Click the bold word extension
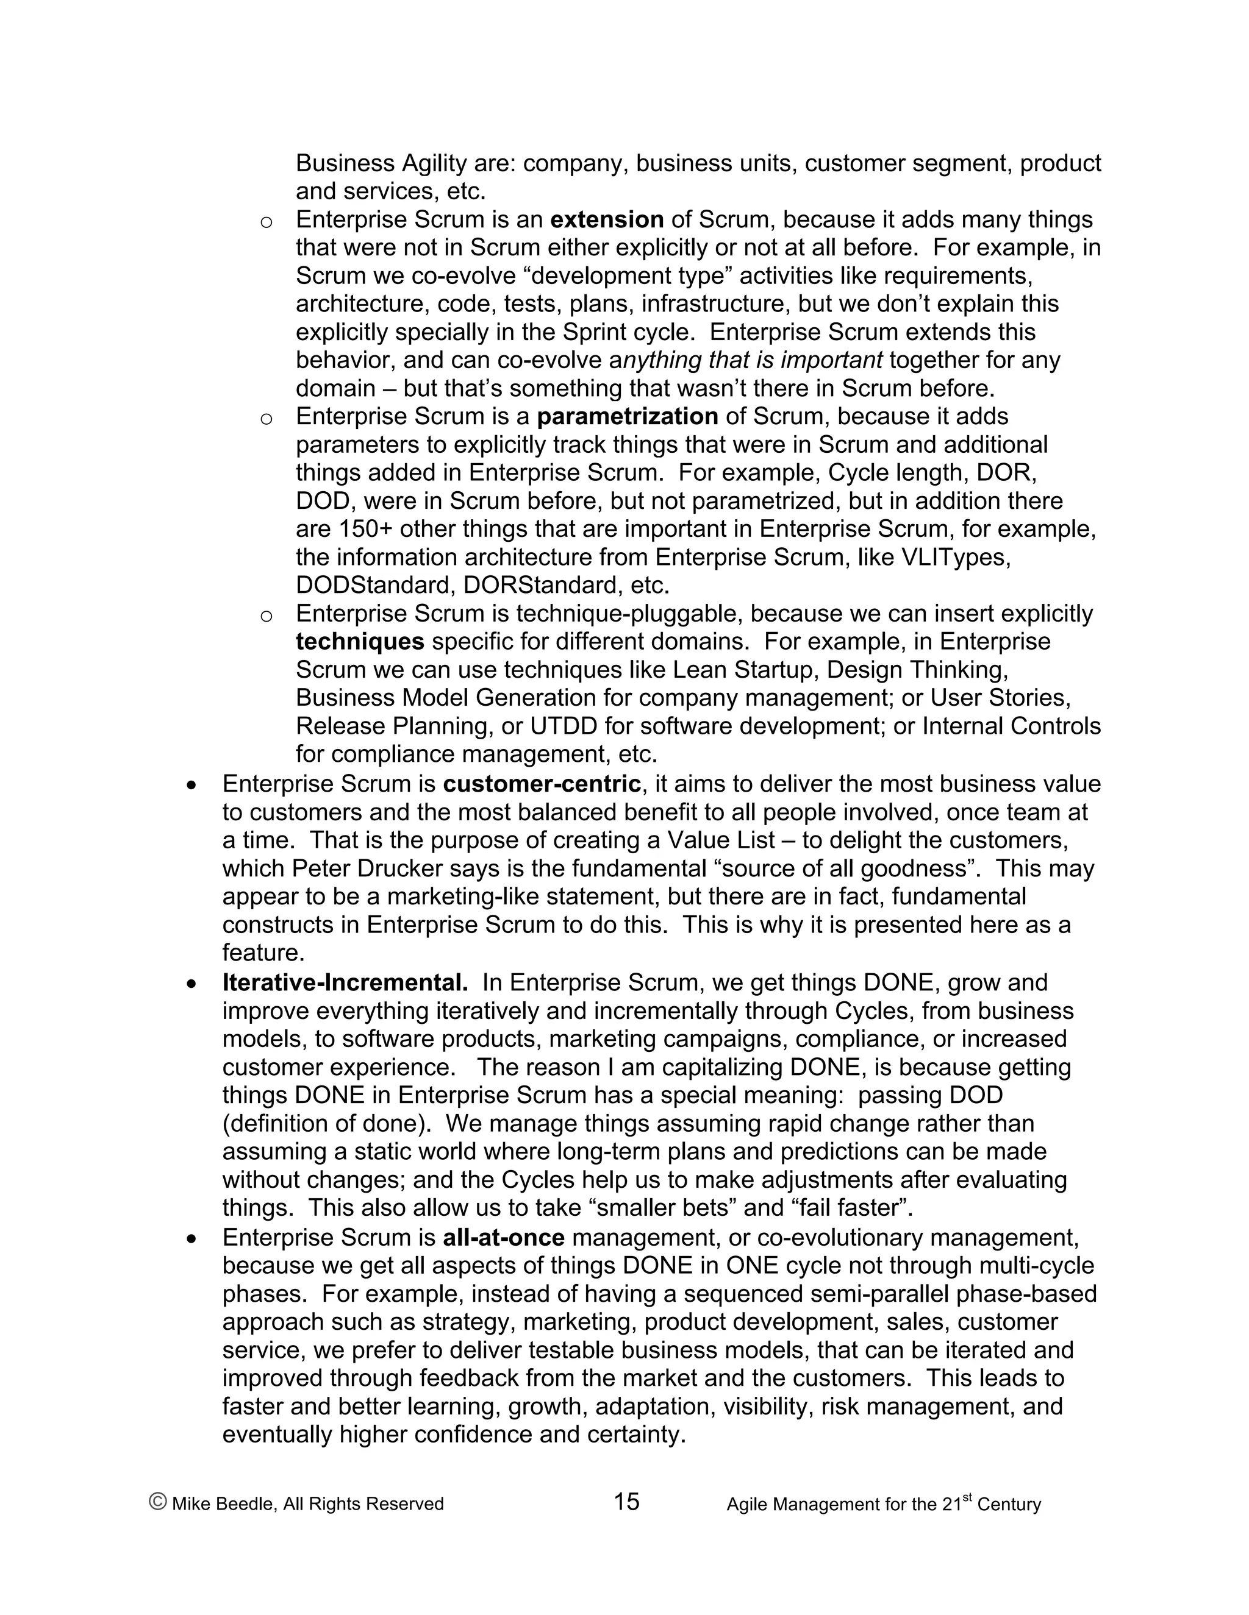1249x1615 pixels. point(607,219)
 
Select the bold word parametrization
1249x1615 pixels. point(628,416)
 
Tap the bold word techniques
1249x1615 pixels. point(360,641)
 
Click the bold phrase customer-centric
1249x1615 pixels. point(542,784)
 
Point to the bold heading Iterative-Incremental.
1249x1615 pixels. point(345,983)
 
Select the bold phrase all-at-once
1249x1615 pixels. point(503,1237)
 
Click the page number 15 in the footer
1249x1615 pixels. point(626,1502)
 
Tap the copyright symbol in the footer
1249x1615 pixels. point(157,1501)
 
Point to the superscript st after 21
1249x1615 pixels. point(967,1497)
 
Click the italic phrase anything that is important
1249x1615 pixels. point(745,360)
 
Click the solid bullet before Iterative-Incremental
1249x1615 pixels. point(191,984)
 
